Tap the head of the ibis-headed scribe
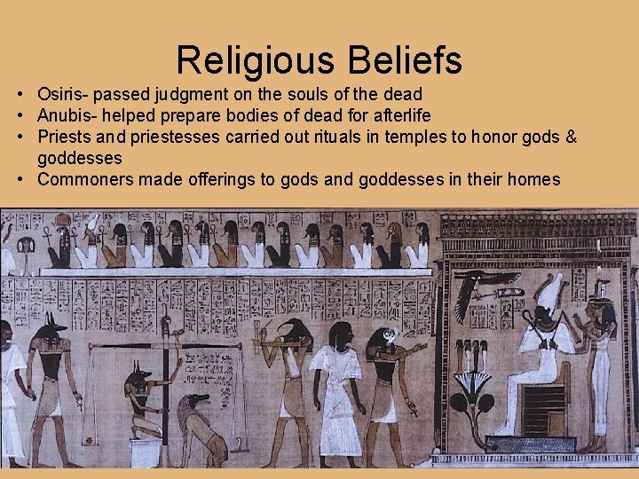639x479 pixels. tap(296, 330)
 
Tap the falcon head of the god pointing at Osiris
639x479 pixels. tap(385, 341)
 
